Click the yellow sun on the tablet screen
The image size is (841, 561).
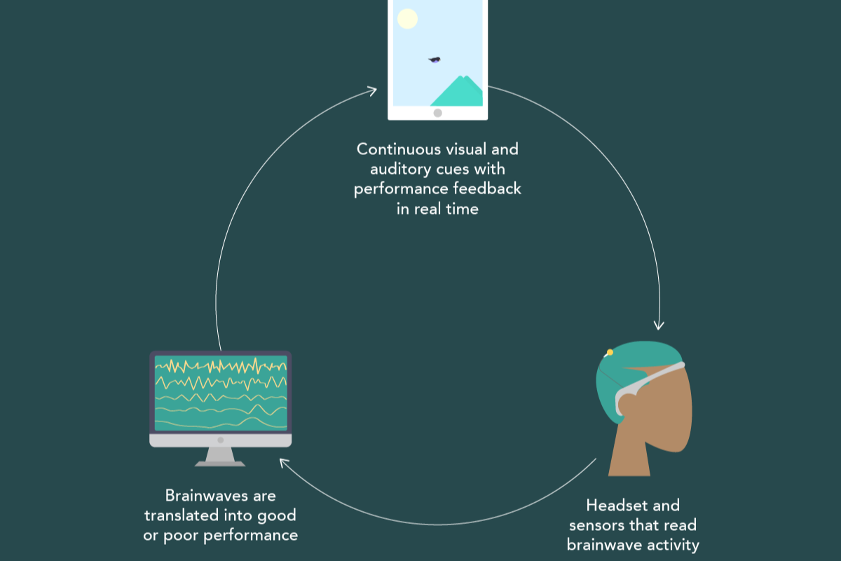coord(408,19)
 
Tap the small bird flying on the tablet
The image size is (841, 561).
coord(435,60)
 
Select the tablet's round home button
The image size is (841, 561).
coord(438,113)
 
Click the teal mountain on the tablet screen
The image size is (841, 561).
coord(459,93)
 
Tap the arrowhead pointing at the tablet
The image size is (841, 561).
coord(373,90)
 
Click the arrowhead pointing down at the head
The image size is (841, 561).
coord(658,325)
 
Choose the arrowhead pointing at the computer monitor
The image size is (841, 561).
coord(284,462)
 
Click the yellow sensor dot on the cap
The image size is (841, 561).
coord(610,352)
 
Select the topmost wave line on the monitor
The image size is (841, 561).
coord(220,366)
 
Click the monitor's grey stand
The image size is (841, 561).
coord(220,456)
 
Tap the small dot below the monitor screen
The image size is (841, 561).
coord(220,440)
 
